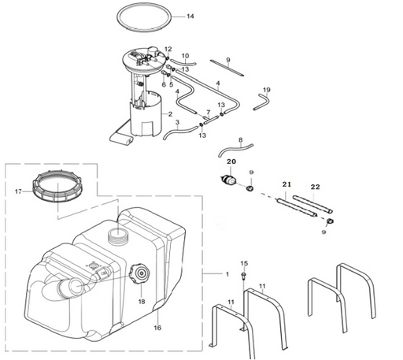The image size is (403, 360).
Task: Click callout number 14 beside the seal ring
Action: (x=190, y=17)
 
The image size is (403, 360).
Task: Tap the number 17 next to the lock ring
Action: (x=18, y=191)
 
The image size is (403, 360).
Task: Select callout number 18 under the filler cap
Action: (x=142, y=302)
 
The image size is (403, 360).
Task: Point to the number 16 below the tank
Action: (x=157, y=328)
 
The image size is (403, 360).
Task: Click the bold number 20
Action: (x=231, y=161)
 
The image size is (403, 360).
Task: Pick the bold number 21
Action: (x=287, y=184)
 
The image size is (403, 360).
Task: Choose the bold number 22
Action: (x=316, y=187)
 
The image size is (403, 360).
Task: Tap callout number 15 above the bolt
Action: (x=244, y=263)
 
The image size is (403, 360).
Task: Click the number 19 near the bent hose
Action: (x=267, y=90)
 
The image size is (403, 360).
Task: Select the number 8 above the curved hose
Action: (x=241, y=140)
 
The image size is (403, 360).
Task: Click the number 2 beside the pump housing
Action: (x=170, y=114)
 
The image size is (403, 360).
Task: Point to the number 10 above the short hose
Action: (x=185, y=56)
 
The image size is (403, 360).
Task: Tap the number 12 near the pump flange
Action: (x=168, y=49)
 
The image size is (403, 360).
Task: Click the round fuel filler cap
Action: (x=139, y=273)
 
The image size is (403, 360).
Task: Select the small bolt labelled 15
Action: (x=244, y=276)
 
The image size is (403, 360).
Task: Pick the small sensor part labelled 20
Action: (x=228, y=180)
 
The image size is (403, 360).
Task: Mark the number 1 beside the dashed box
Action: (x=227, y=274)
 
